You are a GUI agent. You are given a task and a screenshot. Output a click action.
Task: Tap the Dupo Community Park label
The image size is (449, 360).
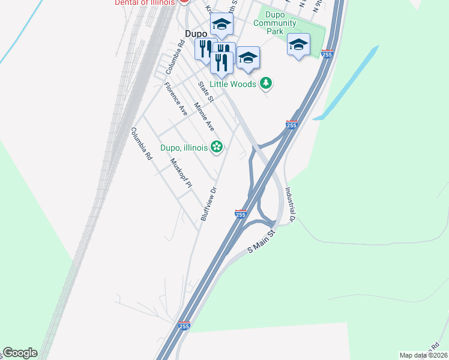[x=274, y=28]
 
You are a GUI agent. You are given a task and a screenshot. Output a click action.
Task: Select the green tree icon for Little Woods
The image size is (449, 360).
[x=266, y=83]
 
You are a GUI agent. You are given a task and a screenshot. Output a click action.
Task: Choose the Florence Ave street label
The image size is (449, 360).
[x=176, y=100]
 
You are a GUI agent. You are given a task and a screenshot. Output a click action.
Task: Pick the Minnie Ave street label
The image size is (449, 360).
[x=204, y=117]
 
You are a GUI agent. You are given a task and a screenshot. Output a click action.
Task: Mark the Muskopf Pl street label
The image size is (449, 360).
[x=180, y=174]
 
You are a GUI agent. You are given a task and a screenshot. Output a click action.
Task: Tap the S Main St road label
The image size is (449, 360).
[x=261, y=241]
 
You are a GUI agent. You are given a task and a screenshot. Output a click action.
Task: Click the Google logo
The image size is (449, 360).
[x=20, y=353]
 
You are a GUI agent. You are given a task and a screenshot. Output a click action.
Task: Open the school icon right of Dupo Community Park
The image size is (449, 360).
[x=298, y=44]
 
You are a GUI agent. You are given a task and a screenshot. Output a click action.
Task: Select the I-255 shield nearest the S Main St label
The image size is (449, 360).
[x=240, y=214]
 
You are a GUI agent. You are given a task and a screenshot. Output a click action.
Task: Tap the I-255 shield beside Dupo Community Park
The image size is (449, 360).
[x=327, y=54]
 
